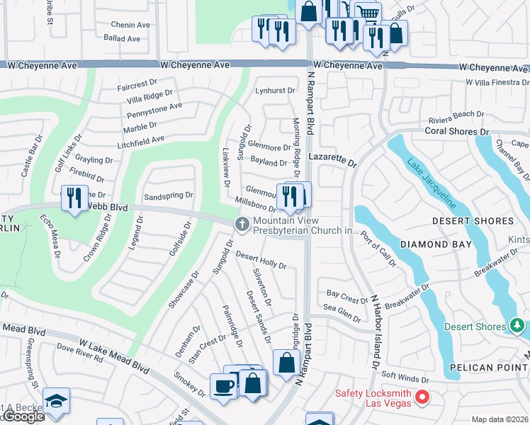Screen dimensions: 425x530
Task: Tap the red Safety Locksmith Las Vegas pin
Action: [x=423, y=397]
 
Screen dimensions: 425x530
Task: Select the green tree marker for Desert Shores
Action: [x=517, y=326]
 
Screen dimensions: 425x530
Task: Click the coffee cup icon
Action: [x=224, y=386]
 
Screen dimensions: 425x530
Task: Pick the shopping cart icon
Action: [x=366, y=13]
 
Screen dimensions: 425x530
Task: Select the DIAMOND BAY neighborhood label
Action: [x=436, y=244]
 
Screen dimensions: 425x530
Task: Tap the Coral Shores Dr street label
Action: [x=457, y=132]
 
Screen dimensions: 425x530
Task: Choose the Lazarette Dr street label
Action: [x=332, y=162]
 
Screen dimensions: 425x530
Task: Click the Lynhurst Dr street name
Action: [x=275, y=91]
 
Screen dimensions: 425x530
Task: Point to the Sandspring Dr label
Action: [x=168, y=195]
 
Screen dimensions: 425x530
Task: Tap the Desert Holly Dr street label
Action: [x=260, y=260]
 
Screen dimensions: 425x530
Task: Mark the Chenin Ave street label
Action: [x=130, y=25]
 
